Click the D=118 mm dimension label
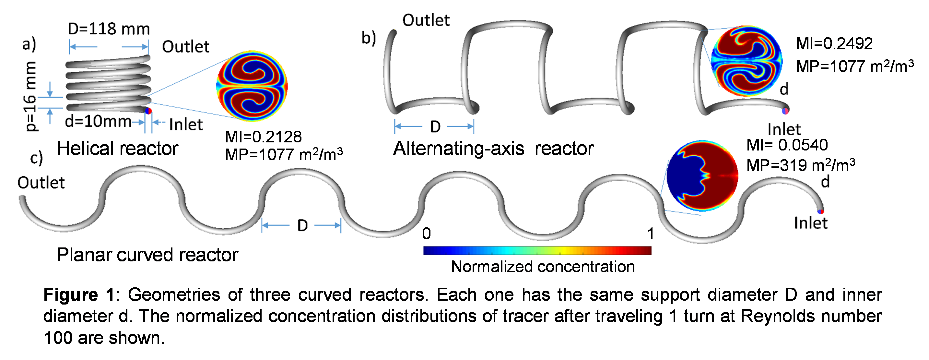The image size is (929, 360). [109, 29]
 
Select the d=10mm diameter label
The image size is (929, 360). [98, 122]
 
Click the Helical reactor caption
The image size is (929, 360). [118, 148]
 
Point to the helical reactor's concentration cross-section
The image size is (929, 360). [252, 86]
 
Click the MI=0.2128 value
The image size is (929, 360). [263, 137]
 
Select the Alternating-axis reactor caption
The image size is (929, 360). [493, 148]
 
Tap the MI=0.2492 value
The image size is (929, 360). [834, 44]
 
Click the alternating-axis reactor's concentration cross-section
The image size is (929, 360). [747, 61]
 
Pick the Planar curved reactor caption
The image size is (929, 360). [147, 255]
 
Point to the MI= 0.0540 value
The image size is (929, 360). [787, 145]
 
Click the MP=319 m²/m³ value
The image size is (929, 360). [800, 165]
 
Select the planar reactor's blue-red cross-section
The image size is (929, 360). [702, 176]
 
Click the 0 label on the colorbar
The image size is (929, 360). [426, 234]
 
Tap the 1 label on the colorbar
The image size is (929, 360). [650, 234]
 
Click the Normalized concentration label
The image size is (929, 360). [543, 267]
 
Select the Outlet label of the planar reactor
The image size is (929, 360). [41, 183]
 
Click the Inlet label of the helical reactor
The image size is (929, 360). [186, 125]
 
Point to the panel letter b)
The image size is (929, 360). [369, 38]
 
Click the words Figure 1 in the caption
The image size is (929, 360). [79, 295]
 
